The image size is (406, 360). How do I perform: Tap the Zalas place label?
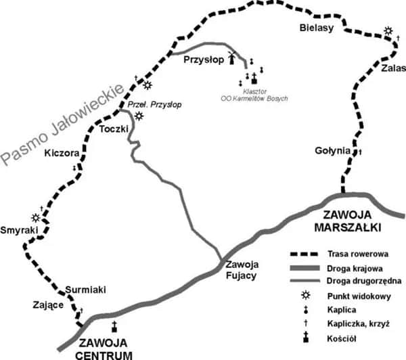coord(392,68)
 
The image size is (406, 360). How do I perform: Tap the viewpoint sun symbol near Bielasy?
coord(388,31)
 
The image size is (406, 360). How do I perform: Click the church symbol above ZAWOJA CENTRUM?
coord(114,326)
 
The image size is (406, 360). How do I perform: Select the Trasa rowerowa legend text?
coord(357,254)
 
